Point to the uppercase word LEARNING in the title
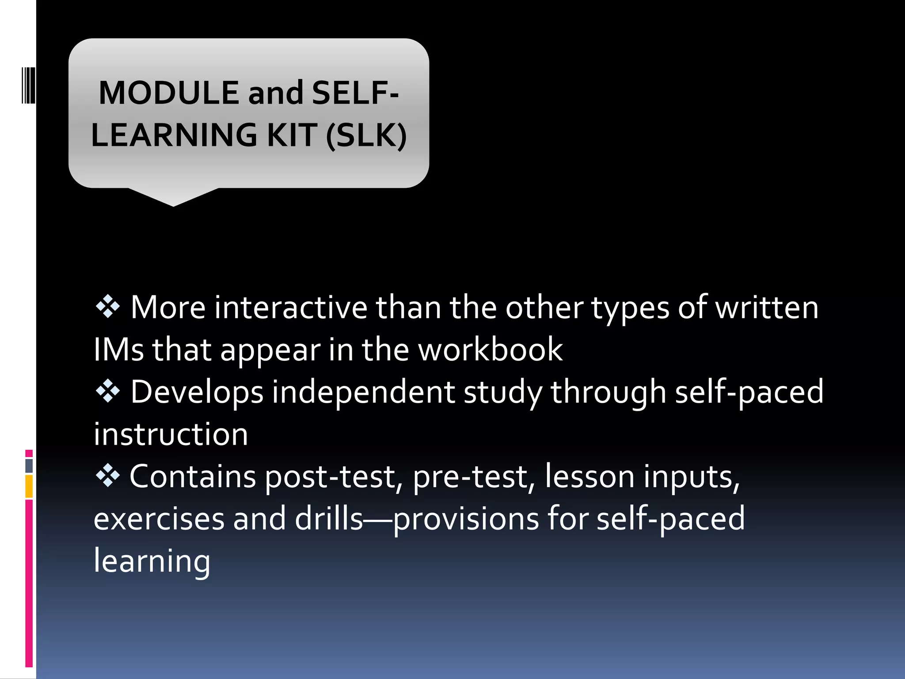174,135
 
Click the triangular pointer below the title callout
173,197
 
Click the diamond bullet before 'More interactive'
108,307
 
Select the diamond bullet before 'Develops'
108,392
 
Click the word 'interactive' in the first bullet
291,307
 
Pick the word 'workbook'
491,350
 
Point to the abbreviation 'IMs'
118,350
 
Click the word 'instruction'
171,435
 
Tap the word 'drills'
329,519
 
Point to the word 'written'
767,307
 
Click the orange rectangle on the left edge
29,486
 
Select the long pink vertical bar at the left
29,584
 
